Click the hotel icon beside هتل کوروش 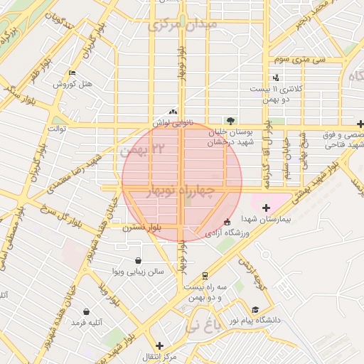(71, 73)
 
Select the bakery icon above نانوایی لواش (173, 112)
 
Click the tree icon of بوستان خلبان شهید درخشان (229, 121)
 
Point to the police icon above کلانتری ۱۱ (276, 78)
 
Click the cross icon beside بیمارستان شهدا (266, 208)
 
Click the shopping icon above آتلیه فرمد (87, 311)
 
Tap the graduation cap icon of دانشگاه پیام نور (255, 309)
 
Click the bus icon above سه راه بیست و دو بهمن (205, 275)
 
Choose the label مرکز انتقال (159, 355)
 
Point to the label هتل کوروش (74, 84)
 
